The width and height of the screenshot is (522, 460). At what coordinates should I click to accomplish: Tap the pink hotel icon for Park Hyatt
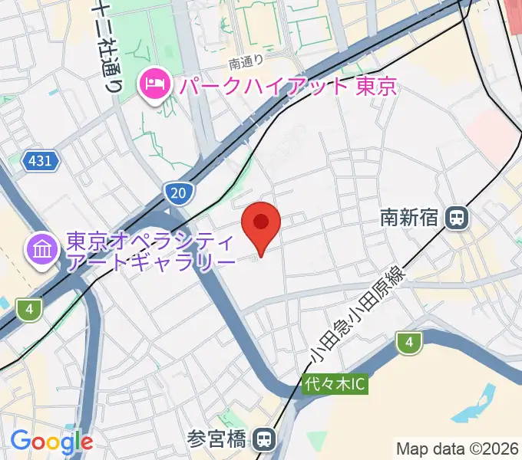coord(155,84)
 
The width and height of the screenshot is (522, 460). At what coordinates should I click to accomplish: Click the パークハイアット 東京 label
coord(288,85)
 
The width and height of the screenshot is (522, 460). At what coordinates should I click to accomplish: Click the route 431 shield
coord(40,161)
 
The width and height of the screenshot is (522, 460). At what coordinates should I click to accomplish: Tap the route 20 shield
coord(178,194)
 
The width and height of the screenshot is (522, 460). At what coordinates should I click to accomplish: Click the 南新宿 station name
coord(410,219)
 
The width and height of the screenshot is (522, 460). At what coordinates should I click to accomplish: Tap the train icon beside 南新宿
coord(458,219)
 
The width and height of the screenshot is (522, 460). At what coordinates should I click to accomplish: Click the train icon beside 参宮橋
coord(264,439)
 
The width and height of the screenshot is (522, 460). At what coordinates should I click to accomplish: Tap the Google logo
coord(51,441)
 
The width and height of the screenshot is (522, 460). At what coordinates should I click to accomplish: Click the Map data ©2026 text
coord(457,448)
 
